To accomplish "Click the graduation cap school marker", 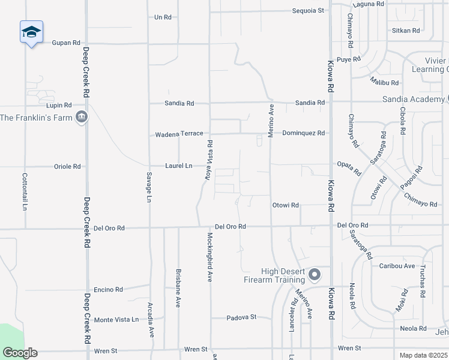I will click(31, 32).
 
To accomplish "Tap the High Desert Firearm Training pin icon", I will click(315, 275).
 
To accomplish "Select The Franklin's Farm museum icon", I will click(82, 117).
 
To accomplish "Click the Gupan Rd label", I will click(66, 43).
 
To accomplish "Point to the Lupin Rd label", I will click(59, 105).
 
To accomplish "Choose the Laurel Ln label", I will click(179, 166).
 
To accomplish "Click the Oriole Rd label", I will click(67, 166).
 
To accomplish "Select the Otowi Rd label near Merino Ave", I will click(286, 205).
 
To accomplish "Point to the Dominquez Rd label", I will click(303, 133).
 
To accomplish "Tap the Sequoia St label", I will click(308, 10).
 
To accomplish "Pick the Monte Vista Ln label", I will click(116, 320).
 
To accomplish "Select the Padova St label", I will click(241, 317).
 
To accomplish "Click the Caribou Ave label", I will click(397, 266).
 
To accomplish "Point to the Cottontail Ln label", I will click(25, 191).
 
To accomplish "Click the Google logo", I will click(20, 353).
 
